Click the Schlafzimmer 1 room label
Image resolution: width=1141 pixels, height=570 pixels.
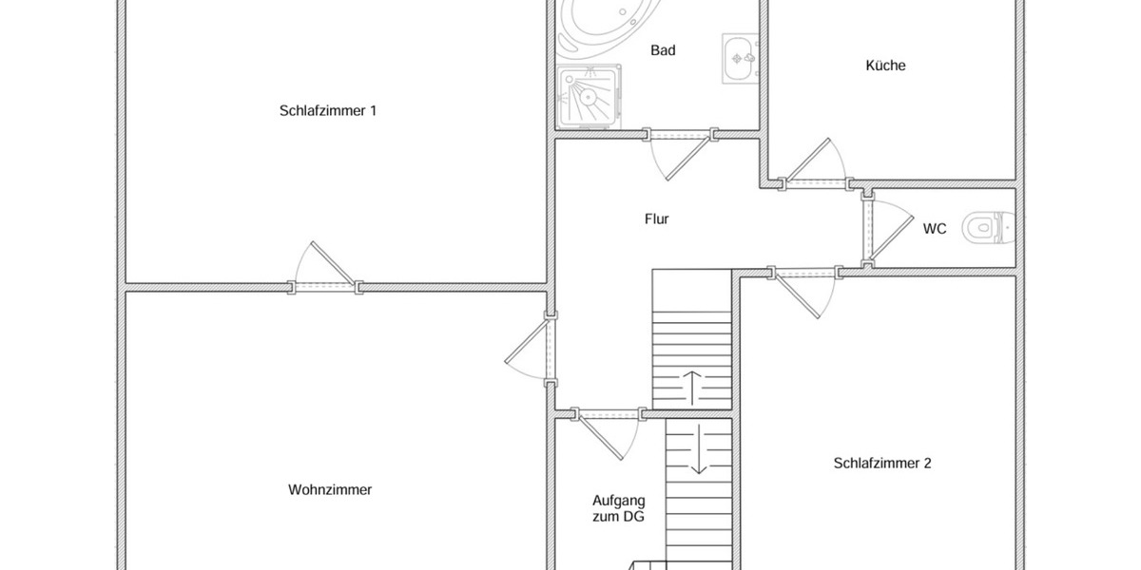(x=328, y=110)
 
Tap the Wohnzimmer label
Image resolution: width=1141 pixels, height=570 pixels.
(x=330, y=490)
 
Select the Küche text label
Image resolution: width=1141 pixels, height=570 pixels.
(x=885, y=66)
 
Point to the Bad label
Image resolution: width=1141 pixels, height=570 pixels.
(x=663, y=50)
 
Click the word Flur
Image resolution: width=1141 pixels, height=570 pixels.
(x=656, y=218)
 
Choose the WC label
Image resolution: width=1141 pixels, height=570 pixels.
(x=935, y=228)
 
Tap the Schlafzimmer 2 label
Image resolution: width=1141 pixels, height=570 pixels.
(x=881, y=464)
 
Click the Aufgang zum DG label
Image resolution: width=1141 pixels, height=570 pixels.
(x=619, y=508)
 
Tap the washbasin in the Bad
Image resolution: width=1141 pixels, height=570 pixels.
(x=740, y=59)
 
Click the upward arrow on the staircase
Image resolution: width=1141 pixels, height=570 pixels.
(x=691, y=385)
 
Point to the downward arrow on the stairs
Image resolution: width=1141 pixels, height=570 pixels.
(x=699, y=449)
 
